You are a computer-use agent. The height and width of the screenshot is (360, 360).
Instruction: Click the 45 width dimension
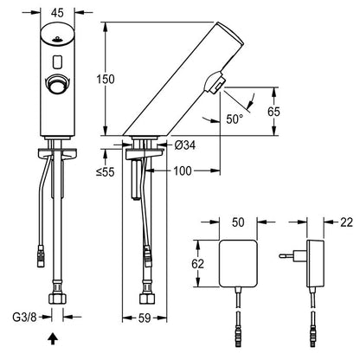(57, 13)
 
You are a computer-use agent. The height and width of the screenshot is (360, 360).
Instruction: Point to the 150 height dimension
(106, 79)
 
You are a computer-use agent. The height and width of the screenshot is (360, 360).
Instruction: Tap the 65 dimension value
(273, 112)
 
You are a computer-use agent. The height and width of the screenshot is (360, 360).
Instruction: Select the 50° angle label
(235, 119)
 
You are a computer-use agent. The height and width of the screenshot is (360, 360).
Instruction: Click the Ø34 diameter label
(185, 145)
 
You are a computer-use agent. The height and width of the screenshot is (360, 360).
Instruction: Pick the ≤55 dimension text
(106, 172)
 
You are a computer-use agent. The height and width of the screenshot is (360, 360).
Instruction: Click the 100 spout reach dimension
(183, 171)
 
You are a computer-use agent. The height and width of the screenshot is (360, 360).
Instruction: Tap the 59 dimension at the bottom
(145, 318)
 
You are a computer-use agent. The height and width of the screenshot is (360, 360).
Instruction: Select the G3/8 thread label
(24, 318)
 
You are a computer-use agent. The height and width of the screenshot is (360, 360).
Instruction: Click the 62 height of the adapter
(197, 264)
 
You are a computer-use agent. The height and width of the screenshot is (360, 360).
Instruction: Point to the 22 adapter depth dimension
(346, 222)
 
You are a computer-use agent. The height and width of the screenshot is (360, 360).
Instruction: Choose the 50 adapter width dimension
(238, 222)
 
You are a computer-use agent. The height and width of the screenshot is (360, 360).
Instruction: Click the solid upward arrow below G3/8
(53, 339)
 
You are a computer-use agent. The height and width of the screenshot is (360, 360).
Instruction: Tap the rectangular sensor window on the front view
(57, 61)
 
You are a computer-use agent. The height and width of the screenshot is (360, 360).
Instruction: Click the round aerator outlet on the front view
(57, 84)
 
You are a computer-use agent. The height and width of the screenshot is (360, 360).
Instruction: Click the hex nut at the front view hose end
(57, 298)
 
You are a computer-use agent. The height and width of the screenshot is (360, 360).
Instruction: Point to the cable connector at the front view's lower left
(41, 255)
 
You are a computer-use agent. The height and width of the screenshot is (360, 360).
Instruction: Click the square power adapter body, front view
(238, 264)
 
